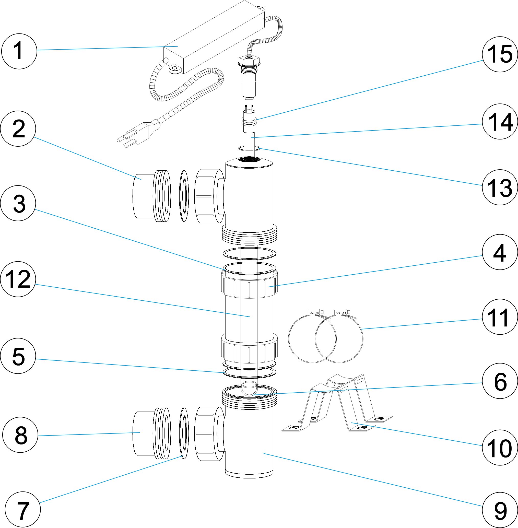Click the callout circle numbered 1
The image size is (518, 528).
tap(19, 51)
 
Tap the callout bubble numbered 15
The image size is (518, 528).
tap(500, 54)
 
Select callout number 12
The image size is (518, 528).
tap(18, 279)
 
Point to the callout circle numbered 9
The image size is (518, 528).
tap(500, 510)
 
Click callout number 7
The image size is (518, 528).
tap(22, 510)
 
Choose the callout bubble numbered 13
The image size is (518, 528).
tap(500, 187)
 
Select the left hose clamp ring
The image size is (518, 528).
tap(312, 339)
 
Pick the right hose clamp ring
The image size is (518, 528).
tap(339, 339)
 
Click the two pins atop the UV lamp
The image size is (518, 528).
tap(249, 107)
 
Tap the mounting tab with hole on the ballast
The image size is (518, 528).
tap(175, 69)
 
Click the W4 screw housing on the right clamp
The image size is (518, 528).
tap(342, 313)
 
